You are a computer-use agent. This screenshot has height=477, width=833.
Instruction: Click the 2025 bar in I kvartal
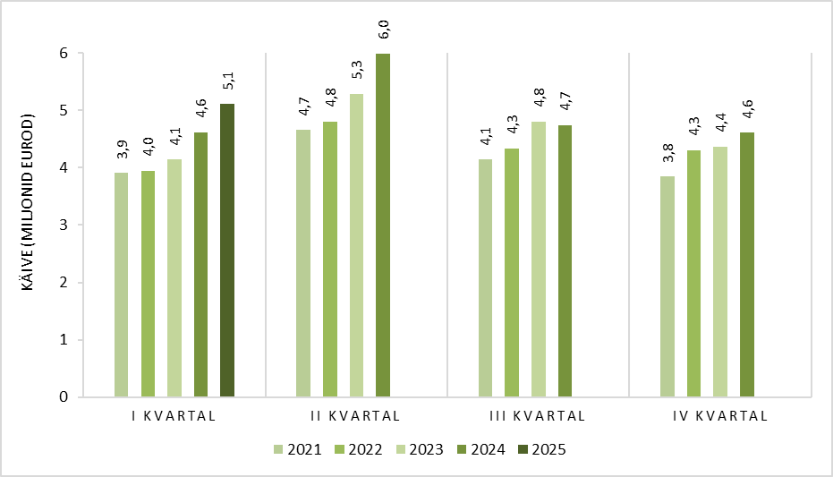coord(227,251)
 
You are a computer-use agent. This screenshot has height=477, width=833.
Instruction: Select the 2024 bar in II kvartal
coord(383,226)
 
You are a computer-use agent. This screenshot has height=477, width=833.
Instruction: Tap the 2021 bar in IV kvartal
coord(667,286)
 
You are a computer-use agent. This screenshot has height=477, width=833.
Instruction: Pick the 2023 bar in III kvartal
coord(539,260)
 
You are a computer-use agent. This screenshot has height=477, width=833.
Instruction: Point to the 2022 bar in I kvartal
coord(149,284)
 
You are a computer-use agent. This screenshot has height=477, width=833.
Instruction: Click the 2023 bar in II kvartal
coord(356,245)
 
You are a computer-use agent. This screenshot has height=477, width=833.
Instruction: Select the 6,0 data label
coord(384,30)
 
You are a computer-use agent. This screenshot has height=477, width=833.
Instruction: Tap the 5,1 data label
coord(228,81)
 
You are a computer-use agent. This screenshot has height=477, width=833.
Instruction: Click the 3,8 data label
coord(668,153)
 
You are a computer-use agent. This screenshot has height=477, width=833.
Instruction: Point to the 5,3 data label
coord(357,70)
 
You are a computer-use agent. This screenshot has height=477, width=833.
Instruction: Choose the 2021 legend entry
coord(298,449)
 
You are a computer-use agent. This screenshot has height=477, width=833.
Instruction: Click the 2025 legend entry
coord(542,449)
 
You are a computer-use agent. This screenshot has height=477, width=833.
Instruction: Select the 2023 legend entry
coord(421,449)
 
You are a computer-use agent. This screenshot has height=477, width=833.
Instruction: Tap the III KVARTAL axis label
coord(537,416)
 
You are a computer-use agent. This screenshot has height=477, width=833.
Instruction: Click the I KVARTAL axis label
coord(174,416)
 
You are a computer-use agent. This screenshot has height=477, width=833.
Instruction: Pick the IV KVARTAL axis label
coord(720,416)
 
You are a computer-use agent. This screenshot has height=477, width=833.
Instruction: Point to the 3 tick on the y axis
coord(64,226)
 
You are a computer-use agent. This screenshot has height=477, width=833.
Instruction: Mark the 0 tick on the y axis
coord(64,397)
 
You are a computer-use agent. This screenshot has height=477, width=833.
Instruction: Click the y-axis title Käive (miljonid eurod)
coord(28,202)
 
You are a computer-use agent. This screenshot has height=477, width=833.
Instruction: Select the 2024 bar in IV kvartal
coord(747,265)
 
